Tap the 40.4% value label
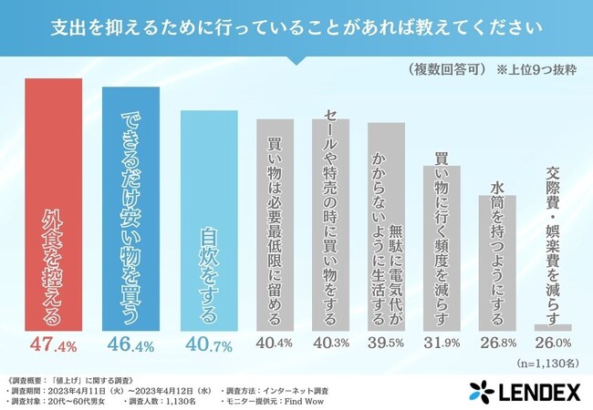(275, 344)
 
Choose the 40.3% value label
(330, 344)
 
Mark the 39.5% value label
(386, 344)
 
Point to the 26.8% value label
(497, 344)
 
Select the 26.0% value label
(553, 344)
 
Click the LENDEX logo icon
(483, 390)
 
